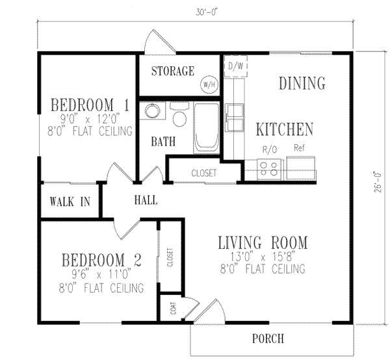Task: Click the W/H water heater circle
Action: (209, 84)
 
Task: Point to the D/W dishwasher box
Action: (233, 66)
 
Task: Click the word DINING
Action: (302, 83)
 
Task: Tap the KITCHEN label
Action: (284, 129)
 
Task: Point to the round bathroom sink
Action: (152, 112)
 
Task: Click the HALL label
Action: (145, 200)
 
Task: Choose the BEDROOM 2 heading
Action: (101, 261)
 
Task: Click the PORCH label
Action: (268, 339)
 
